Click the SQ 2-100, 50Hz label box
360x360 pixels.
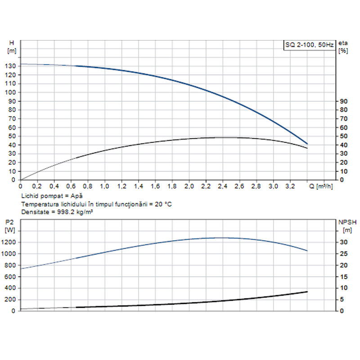click(x=309, y=45)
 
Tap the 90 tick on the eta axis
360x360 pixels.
click(x=343, y=101)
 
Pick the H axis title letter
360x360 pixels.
click(x=11, y=43)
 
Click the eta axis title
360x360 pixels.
click(x=343, y=43)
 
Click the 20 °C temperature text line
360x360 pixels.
click(x=96, y=204)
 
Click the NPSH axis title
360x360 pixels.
click(x=345, y=221)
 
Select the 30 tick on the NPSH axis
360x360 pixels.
click(x=343, y=243)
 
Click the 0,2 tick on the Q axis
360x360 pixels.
click(x=37, y=186)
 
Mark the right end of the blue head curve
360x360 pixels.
click(x=307, y=144)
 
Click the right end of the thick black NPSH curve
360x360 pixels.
click(x=307, y=292)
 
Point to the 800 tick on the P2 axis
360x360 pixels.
click(x=12, y=265)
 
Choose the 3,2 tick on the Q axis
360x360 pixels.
click(x=291, y=186)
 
